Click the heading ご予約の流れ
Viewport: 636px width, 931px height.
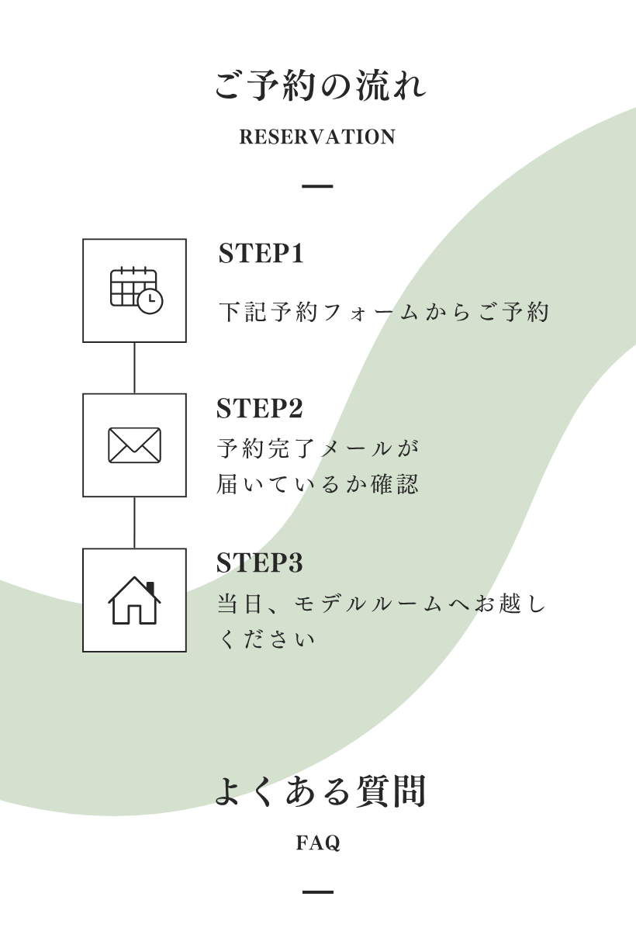tap(320, 86)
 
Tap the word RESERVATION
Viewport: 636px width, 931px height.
tap(317, 137)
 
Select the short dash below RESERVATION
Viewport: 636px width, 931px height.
tap(317, 186)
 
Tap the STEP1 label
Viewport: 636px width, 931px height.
tap(261, 254)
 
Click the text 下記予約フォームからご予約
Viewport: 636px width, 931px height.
tap(383, 312)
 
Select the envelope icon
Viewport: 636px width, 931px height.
tap(134, 445)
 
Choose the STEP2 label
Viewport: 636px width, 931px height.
tap(259, 409)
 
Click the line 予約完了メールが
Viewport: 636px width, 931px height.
tap(318, 448)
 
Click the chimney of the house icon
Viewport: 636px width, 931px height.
tap(150, 587)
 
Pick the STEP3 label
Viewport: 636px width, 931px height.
tap(259, 563)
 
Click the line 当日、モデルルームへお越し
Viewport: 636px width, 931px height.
tap(381, 604)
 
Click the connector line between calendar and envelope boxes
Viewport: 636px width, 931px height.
tap(134, 368)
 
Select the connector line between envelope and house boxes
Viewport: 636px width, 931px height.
tap(134, 523)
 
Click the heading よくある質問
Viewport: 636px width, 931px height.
tap(320, 792)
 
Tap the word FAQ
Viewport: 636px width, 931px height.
tap(318, 843)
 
